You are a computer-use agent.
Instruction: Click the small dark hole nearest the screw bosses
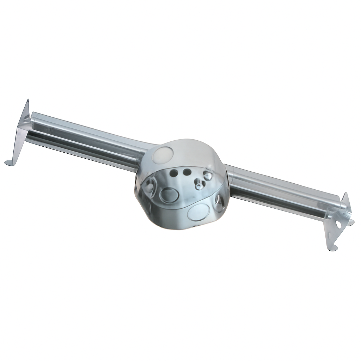(187, 172)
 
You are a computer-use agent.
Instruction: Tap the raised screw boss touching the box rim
(208, 176)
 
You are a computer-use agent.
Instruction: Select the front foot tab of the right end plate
(332, 249)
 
